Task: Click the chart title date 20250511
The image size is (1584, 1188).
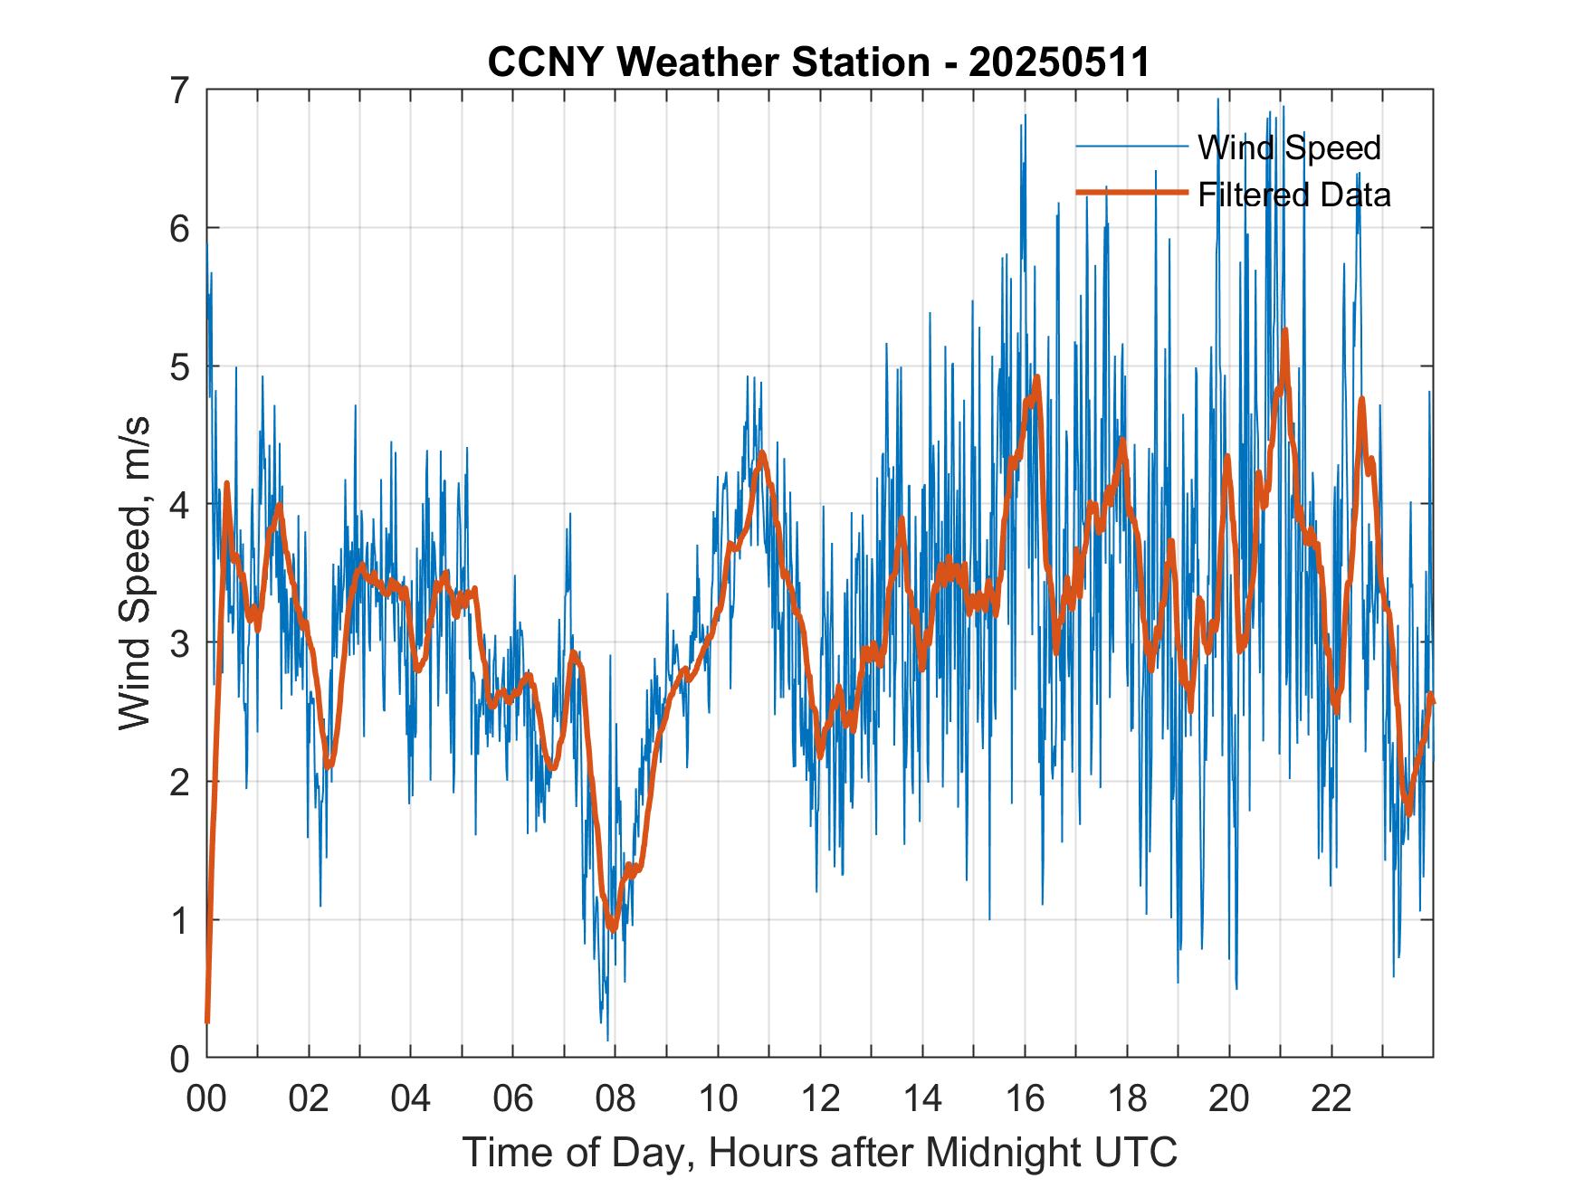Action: [x=1059, y=62]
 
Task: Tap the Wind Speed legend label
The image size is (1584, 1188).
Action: [x=1289, y=147]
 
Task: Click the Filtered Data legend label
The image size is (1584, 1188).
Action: [x=1294, y=195]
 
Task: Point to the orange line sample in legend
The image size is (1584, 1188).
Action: [x=1131, y=193]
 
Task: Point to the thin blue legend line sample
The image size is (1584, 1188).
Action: [x=1131, y=147]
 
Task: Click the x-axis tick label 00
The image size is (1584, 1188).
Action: [x=206, y=1098]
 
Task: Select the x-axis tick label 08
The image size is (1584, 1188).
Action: [x=615, y=1098]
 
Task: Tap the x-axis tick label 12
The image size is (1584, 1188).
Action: [x=820, y=1098]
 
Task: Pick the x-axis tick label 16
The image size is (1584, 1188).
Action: [x=1025, y=1098]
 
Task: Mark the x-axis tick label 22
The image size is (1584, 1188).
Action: [x=1331, y=1098]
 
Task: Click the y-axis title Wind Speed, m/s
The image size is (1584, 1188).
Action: [x=135, y=574]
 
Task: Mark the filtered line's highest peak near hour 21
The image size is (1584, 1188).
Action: [x=1284, y=331]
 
